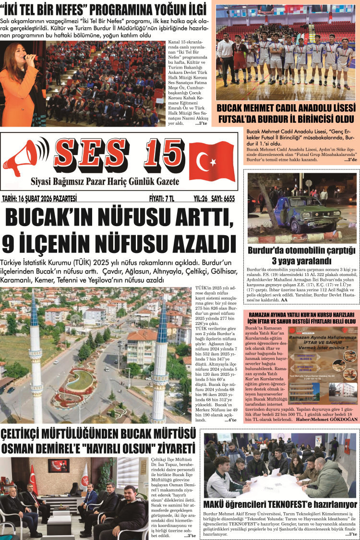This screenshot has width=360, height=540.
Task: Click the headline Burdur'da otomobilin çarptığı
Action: (x=301, y=250)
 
